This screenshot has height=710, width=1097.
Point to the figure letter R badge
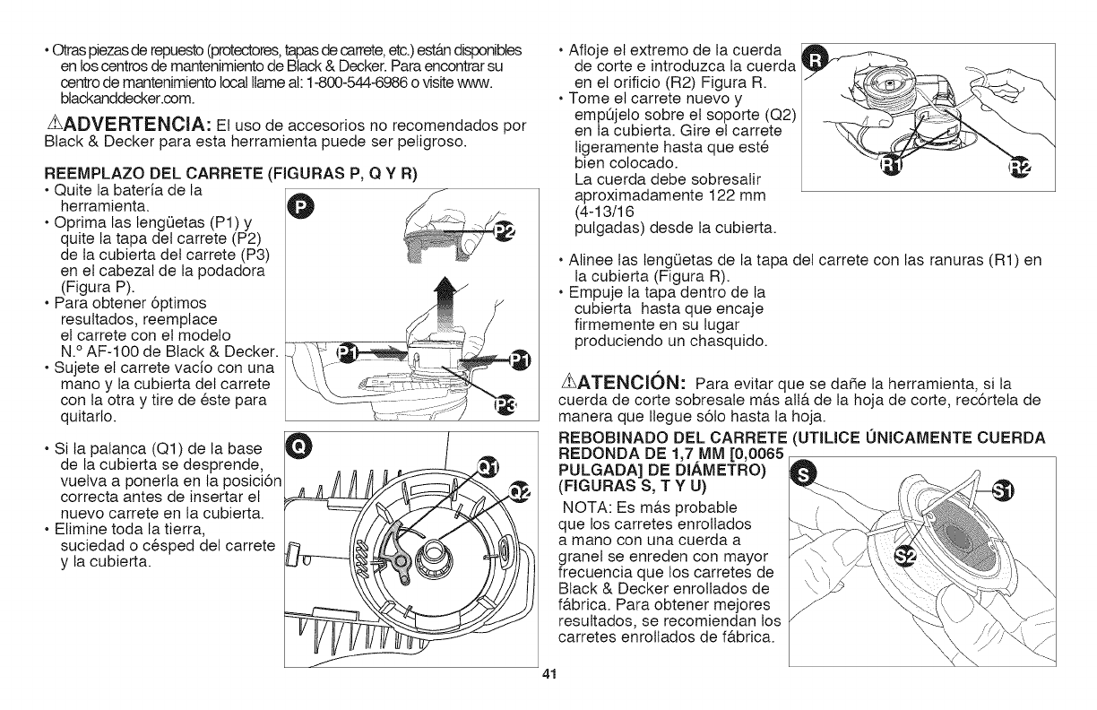pos(815,59)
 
